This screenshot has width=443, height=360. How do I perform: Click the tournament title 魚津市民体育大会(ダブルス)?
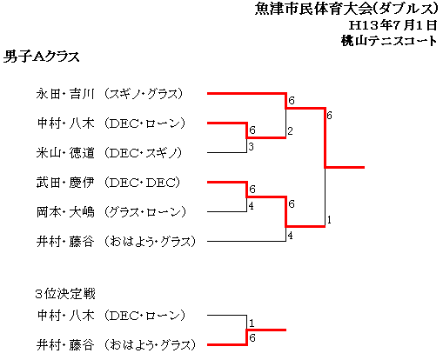[x=346, y=9]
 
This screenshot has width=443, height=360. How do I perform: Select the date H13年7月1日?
[x=393, y=25]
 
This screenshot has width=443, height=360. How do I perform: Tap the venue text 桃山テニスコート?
[x=389, y=41]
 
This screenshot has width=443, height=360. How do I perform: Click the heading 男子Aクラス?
[x=41, y=57]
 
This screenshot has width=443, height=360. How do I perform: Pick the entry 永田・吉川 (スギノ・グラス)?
[x=110, y=94]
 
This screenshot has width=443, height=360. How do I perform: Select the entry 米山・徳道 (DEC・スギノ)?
[x=109, y=153]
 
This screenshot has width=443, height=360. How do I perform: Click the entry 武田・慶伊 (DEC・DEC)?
[x=108, y=183]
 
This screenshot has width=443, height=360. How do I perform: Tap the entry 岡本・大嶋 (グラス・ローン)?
[x=111, y=212]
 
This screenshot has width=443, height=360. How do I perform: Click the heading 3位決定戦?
[x=65, y=294]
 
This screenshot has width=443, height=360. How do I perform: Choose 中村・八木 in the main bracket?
[x=66, y=123]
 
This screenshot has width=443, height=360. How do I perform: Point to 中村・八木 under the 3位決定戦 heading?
[x=66, y=316]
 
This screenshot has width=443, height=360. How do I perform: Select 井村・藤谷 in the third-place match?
[x=65, y=345]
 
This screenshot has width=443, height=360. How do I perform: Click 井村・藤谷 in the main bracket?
[x=65, y=242]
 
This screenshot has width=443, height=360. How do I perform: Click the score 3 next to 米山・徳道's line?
[x=251, y=147]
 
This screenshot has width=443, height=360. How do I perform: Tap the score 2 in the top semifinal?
[x=290, y=131]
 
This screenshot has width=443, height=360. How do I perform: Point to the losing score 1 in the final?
[x=329, y=220]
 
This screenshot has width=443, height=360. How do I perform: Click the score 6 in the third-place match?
[x=252, y=338]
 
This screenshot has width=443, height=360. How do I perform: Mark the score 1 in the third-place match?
[x=252, y=323]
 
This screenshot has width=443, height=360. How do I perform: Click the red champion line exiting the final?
[x=345, y=167]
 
